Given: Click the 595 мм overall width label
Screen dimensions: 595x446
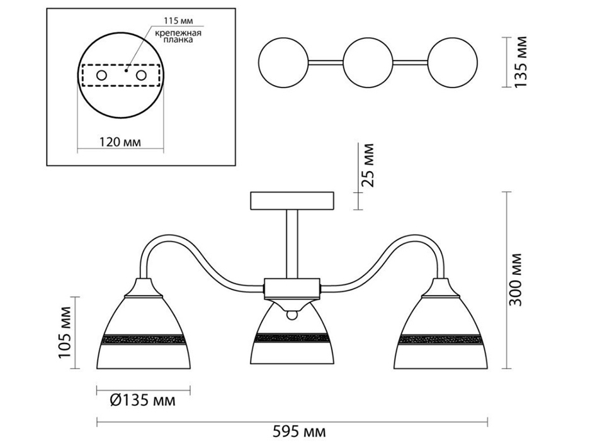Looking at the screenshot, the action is [x=299, y=432].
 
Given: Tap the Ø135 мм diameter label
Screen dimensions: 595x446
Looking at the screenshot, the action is [x=143, y=401].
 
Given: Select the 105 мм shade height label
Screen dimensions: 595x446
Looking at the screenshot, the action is [x=65, y=333].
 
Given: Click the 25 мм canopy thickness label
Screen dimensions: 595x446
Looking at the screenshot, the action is [x=367, y=165].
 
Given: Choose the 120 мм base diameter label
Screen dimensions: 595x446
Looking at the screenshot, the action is [x=120, y=142].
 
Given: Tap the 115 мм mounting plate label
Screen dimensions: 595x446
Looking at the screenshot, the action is [x=178, y=21].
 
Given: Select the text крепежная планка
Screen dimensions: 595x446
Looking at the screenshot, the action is [x=178, y=36].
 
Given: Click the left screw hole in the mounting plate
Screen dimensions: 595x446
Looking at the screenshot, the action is [x=101, y=75].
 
